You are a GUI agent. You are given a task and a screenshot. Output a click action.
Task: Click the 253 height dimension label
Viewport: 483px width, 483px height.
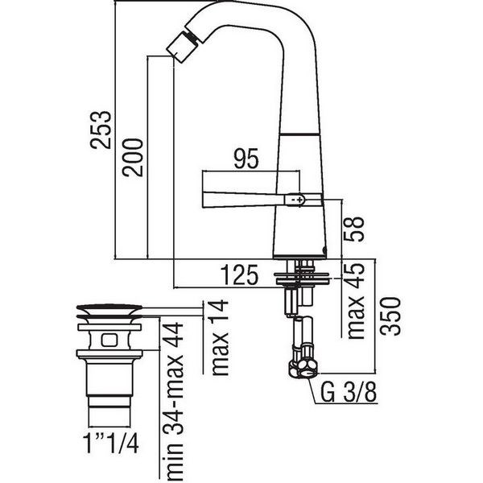[101, 130]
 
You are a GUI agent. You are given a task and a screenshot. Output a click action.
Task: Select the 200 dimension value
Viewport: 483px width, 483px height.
[133, 158]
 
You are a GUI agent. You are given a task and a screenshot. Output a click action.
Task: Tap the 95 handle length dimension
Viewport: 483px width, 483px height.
[246, 159]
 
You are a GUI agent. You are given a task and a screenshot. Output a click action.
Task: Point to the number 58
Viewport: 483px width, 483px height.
[354, 229]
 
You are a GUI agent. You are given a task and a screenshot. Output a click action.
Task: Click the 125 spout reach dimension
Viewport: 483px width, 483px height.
[239, 275]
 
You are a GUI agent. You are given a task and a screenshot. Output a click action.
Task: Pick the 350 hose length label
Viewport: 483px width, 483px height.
[390, 316]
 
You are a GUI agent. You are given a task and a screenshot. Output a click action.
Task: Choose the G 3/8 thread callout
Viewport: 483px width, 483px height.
[349, 392]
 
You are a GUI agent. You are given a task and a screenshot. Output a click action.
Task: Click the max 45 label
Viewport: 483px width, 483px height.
[355, 300]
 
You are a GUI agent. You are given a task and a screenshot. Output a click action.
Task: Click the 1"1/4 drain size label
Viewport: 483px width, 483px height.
[111, 444]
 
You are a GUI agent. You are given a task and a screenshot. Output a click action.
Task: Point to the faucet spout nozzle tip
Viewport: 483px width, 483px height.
[177, 48]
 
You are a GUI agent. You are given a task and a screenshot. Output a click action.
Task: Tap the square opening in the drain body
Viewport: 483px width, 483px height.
[109, 340]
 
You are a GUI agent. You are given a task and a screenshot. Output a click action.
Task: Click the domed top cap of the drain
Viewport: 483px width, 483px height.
[109, 308]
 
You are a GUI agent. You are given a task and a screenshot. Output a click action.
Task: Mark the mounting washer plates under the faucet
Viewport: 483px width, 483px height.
[302, 279]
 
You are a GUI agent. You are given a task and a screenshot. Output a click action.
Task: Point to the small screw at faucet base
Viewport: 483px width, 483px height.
[324, 250]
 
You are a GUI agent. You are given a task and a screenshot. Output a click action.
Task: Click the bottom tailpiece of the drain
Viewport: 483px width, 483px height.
[109, 412]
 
